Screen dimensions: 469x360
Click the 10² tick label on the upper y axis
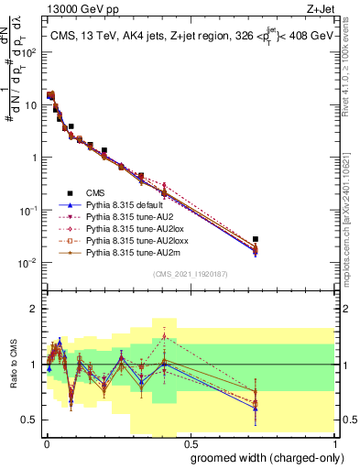coord(28,52)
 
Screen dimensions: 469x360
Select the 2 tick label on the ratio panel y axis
coord(35,308)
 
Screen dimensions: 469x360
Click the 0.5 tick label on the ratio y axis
coord(31,420)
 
